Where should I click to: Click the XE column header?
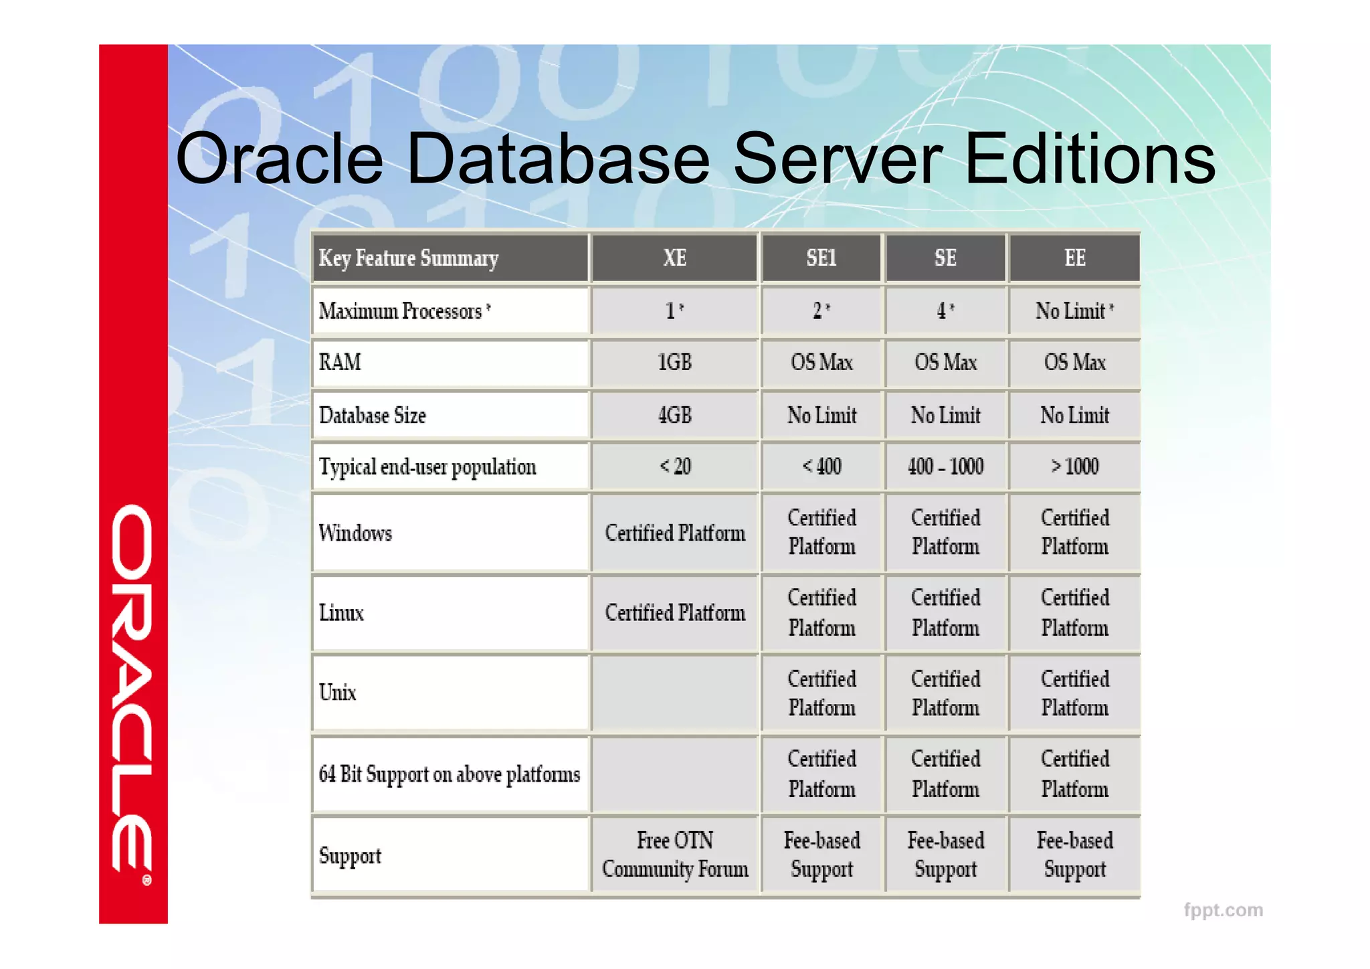pyautogui.click(x=674, y=258)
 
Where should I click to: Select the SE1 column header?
pyautogui.click(x=821, y=258)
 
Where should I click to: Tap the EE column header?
pyautogui.click(x=1074, y=258)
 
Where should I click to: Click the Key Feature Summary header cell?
pyautogui.click(x=409, y=258)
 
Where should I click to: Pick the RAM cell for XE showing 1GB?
pyautogui.click(x=674, y=363)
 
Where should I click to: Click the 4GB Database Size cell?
pyautogui.click(x=674, y=415)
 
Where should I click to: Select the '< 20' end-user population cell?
pyautogui.click(x=674, y=466)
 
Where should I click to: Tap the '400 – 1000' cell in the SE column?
pyautogui.click(x=945, y=466)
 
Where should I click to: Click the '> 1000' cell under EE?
pyautogui.click(x=1074, y=466)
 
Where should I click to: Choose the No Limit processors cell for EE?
pyautogui.click(x=1074, y=311)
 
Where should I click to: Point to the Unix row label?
pyautogui.click(x=338, y=692)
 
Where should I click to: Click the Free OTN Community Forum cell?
pyautogui.click(x=674, y=855)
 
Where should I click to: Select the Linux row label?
pyautogui.click(x=341, y=613)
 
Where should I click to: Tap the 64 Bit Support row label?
pyautogui.click(x=450, y=774)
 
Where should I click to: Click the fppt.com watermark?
pyautogui.click(x=1223, y=910)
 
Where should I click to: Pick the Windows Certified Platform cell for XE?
pyautogui.click(x=674, y=533)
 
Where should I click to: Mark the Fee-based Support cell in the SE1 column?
pyautogui.click(x=821, y=855)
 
